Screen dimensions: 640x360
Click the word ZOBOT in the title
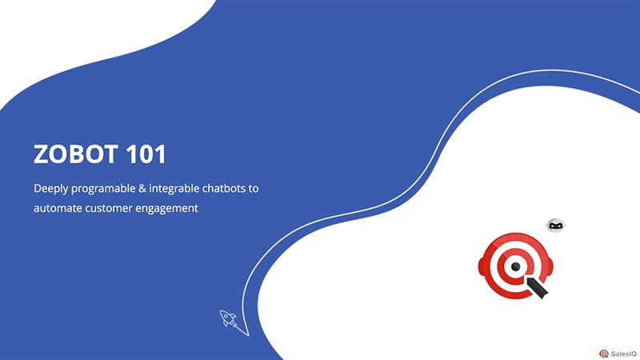75,154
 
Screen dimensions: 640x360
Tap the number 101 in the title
146,154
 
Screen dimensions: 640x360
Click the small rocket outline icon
228,318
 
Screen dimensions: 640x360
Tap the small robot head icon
555,225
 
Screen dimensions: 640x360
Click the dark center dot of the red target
515,267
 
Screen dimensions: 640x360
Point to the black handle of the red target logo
538,289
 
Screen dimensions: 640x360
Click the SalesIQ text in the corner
624,354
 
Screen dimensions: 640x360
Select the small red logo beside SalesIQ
604,354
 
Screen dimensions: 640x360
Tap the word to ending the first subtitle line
254,189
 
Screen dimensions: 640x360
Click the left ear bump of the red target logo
481,266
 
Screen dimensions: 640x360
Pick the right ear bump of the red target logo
550,266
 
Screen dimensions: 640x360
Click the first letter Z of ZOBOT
41,154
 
